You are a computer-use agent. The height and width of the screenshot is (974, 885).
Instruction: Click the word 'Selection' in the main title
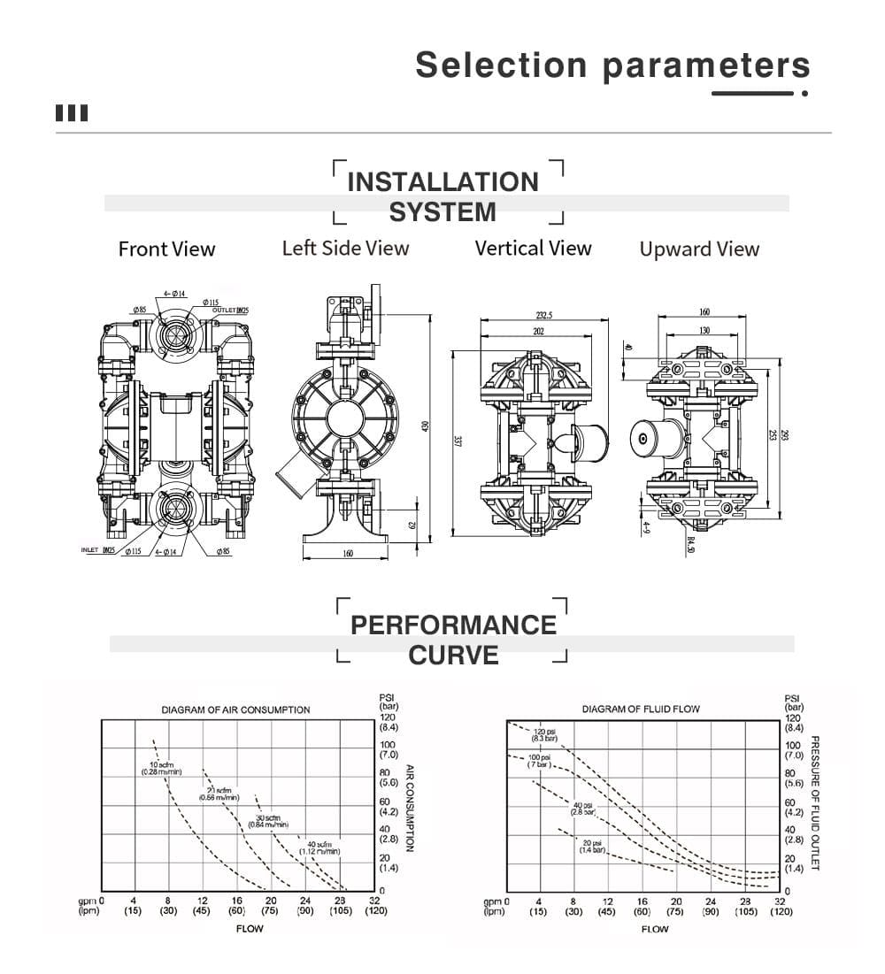(x=501, y=65)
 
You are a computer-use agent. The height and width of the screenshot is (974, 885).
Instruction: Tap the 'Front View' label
(x=166, y=249)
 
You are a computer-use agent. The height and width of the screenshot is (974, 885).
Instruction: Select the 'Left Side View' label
(x=345, y=248)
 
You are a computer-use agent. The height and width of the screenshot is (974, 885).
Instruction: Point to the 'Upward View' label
(x=699, y=249)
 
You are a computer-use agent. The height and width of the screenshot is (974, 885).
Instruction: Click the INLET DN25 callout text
(x=98, y=550)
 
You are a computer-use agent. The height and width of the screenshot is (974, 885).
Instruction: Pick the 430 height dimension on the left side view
(x=425, y=427)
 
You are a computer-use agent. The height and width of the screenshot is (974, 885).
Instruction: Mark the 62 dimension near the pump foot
(x=412, y=525)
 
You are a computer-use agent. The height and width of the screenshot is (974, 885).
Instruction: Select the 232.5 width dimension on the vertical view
(x=543, y=315)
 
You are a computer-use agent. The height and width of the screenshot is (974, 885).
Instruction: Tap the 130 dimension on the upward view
(x=704, y=331)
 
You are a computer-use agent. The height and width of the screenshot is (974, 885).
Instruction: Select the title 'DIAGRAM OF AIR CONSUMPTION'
(x=235, y=709)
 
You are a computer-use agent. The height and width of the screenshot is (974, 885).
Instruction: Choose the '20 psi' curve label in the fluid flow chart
(x=592, y=845)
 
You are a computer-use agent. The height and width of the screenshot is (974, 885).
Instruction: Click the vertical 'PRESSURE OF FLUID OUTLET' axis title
(x=815, y=802)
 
